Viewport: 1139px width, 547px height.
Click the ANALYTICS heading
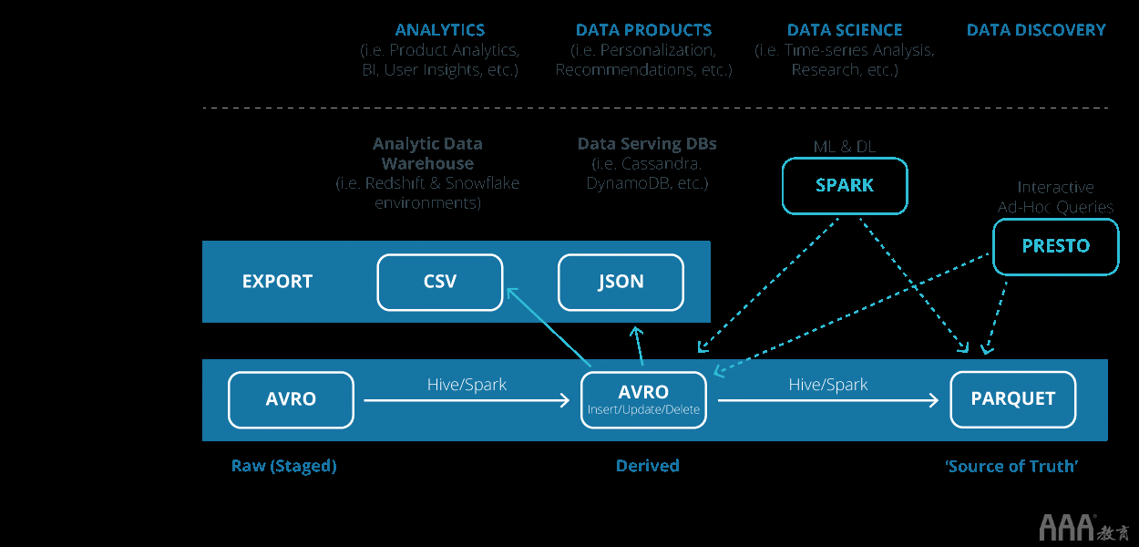440,30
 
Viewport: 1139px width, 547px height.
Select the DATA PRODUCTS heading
643,30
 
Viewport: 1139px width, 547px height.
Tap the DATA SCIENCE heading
845,30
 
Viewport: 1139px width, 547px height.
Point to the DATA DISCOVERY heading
1036,30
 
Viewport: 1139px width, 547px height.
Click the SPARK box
845,186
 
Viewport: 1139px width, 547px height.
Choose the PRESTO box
1055,246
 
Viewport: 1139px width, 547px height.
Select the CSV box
440,282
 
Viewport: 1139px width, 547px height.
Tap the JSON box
621,282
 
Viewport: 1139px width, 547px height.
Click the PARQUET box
1012,399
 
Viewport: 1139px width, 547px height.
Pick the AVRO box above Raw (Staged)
291,399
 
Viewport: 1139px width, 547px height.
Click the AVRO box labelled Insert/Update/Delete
643,399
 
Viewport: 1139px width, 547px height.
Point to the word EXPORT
277,282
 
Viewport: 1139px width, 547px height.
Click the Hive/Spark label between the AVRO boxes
467,385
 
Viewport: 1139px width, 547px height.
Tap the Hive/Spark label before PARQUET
827,385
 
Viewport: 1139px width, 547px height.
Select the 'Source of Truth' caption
1012,466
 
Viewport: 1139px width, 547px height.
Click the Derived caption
647,466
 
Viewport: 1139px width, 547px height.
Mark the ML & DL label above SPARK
844,147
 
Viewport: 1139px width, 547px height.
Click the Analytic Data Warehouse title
427,153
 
